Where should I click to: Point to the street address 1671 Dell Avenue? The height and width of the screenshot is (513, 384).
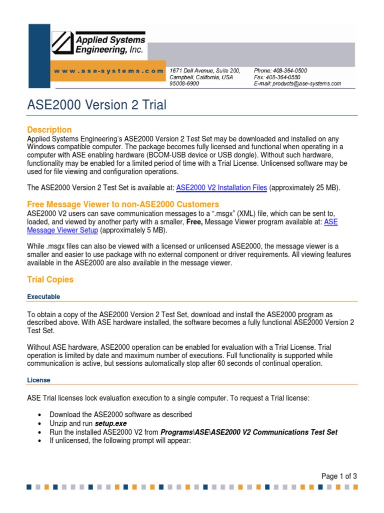(x=205, y=71)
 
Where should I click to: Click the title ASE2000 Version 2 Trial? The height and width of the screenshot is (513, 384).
(x=96, y=105)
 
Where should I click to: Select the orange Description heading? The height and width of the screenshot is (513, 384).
(x=49, y=130)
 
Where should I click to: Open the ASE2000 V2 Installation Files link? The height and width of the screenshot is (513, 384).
(x=222, y=188)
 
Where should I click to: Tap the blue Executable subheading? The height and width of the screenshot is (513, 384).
(x=43, y=297)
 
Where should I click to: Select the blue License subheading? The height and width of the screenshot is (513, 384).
(x=38, y=380)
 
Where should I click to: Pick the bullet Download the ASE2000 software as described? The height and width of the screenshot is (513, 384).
(x=120, y=414)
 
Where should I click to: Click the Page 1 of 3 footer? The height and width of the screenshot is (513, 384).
(x=339, y=476)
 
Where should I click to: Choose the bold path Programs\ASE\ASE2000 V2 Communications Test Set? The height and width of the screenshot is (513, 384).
(x=248, y=432)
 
